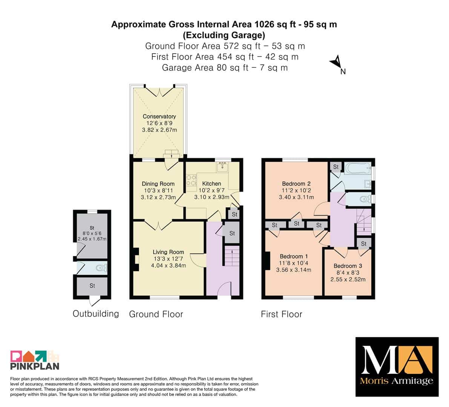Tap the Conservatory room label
point(159,116)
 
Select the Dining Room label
point(158,184)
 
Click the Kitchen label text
point(211,184)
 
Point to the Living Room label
point(168,252)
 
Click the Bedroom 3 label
point(348,266)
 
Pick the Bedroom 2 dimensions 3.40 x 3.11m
point(296,197)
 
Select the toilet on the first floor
point(365,199)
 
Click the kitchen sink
point(222,167)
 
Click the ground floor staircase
point(231,256)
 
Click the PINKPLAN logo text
point(35,366)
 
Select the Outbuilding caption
point(96,314)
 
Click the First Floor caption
point(282,314)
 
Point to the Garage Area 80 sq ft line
point(225,68)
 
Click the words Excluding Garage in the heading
point(224,35)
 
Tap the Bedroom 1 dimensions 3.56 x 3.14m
point(294,270)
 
